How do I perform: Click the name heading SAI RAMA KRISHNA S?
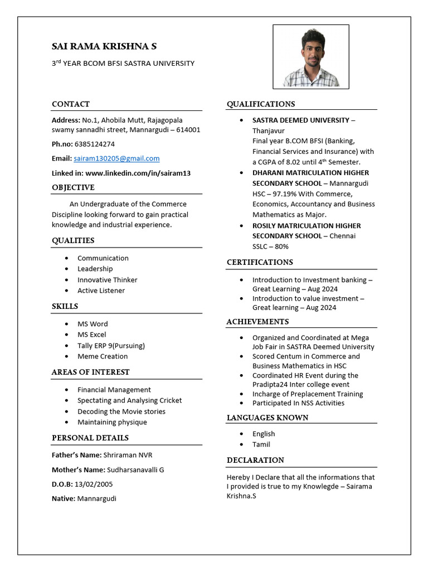108,46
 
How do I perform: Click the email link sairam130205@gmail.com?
116,158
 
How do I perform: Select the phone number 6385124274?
94,144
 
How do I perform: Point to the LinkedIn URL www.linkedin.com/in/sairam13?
138,173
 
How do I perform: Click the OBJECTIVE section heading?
73,187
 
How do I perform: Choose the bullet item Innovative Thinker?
107,280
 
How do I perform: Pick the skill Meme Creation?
103,356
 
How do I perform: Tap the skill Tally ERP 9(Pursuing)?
111,346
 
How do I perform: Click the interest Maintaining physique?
112,422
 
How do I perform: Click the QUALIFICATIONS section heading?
260,104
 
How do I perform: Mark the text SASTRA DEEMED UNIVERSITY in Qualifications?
300,120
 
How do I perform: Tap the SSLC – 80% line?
270,246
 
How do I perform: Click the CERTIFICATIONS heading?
259,262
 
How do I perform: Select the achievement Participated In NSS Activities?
298,403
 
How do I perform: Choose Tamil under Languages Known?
261,444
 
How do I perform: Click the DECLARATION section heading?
255,460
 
